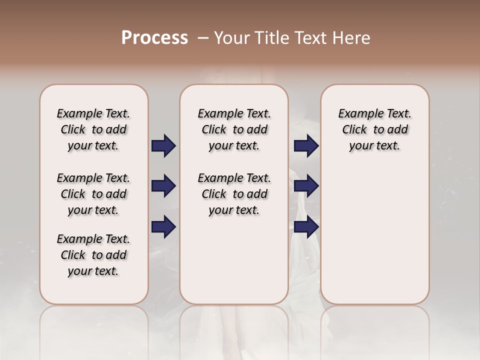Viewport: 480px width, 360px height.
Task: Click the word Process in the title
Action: tap(154, 38)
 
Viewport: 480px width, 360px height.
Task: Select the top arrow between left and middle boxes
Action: tap(163, 146)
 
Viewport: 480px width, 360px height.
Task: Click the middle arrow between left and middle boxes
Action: tap(163, 186)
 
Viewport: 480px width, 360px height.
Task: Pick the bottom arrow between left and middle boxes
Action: tap(163, 227)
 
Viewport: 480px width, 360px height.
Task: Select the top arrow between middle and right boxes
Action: tap(306, 146)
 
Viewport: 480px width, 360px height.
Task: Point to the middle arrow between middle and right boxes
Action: tap(306, 186)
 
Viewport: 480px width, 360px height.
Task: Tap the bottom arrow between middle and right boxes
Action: tap(306, 227)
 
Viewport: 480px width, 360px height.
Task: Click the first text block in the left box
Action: tap(93, 129)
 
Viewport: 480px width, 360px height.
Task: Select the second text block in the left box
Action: tap(93, 194)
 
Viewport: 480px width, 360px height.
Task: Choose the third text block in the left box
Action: tap(93, 255)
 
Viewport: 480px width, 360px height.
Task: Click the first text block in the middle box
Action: tap(234, 129)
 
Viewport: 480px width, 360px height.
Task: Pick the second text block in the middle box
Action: tap(234, 194)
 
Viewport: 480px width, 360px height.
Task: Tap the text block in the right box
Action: tap(374, 129)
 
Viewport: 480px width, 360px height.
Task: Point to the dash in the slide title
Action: tap(203, 38)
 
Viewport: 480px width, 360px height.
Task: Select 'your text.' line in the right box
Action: tap(374, 146)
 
